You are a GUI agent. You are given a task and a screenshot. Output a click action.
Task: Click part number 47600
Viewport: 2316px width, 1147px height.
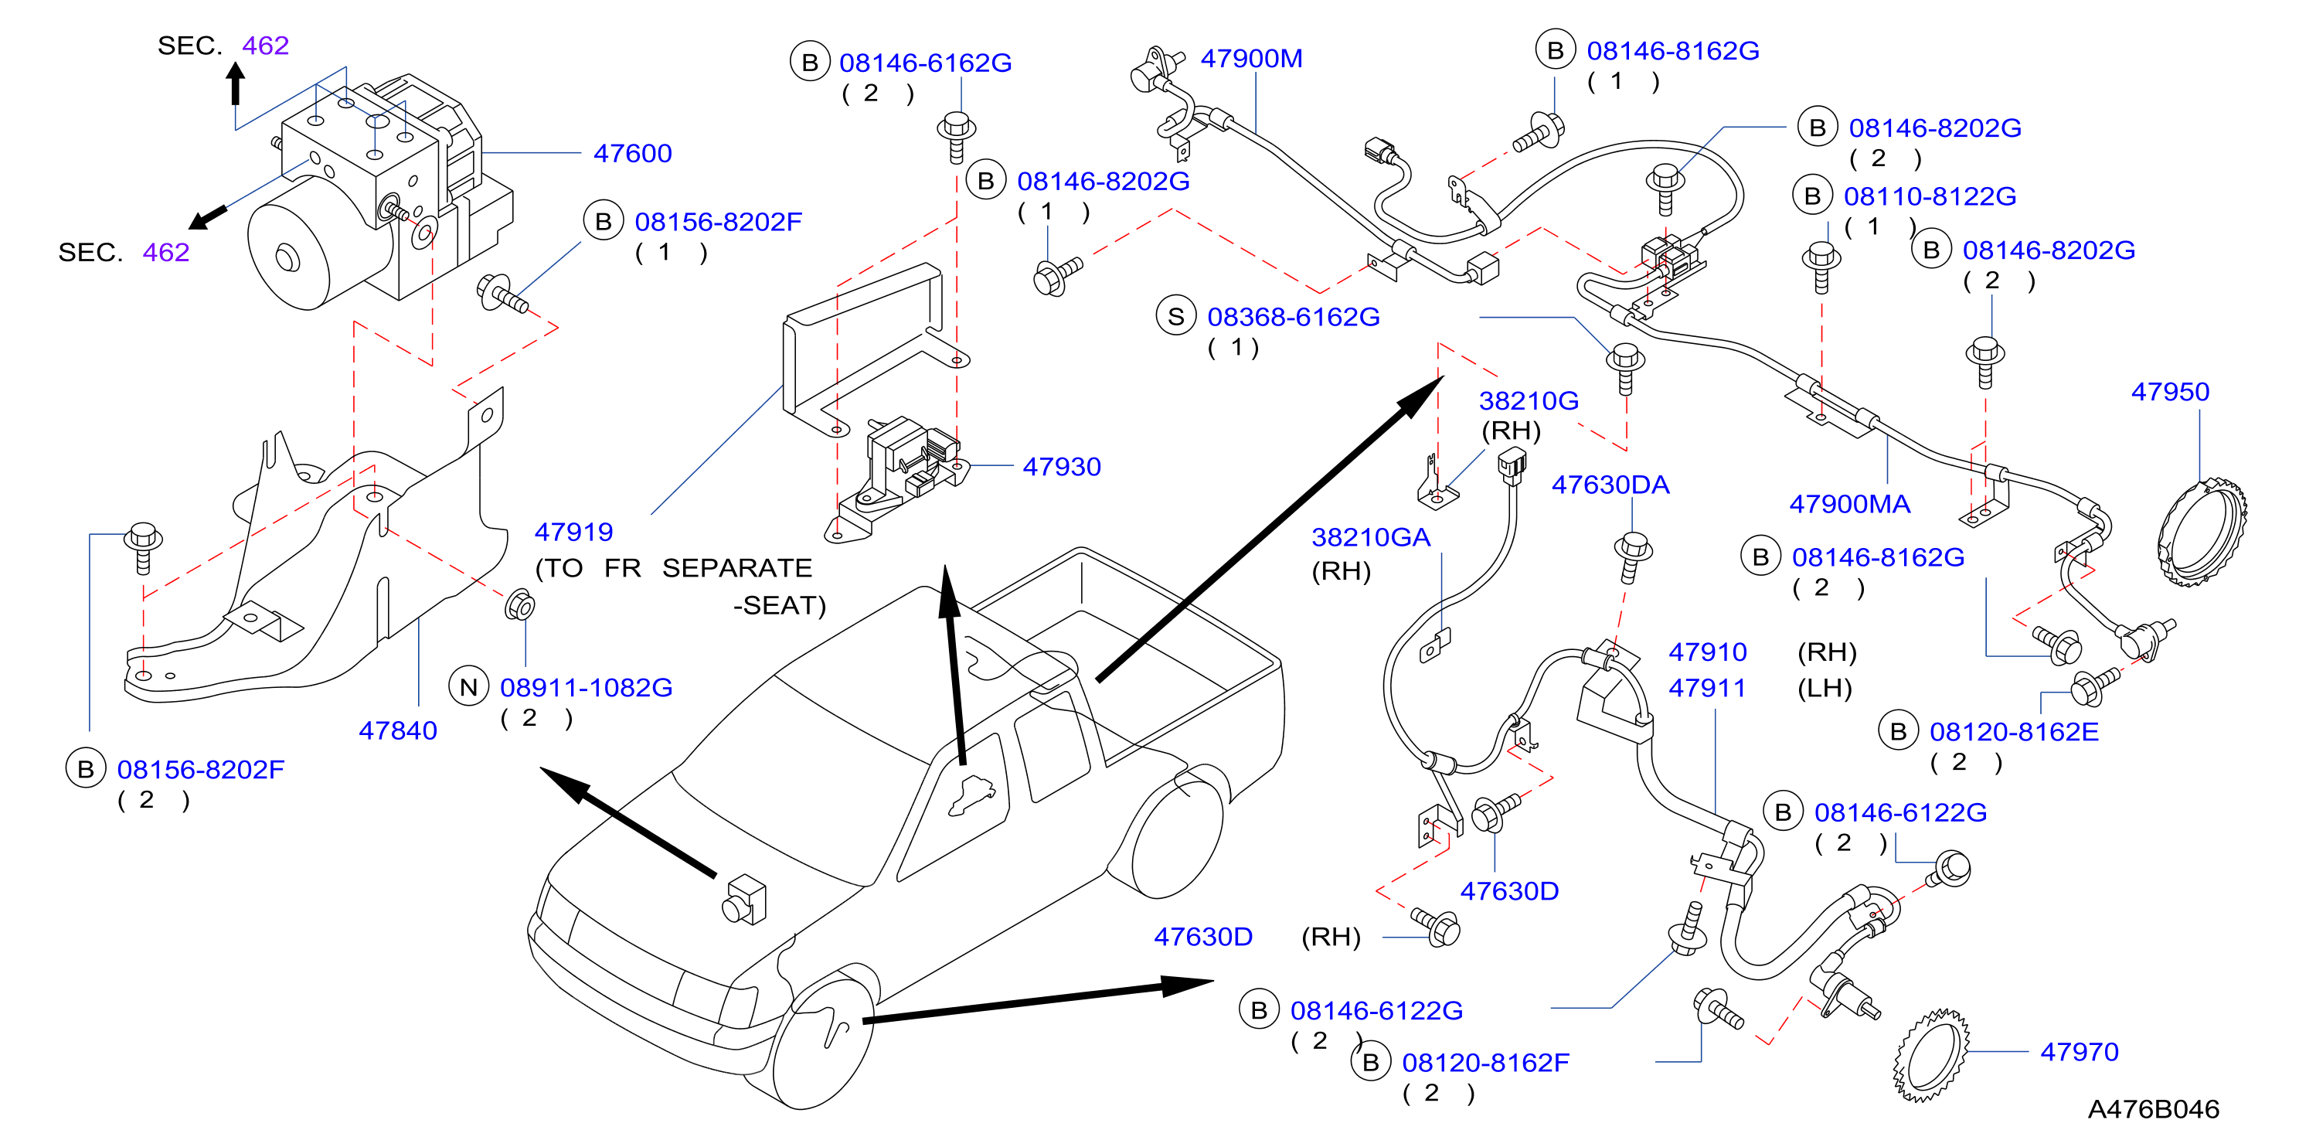[632, 154]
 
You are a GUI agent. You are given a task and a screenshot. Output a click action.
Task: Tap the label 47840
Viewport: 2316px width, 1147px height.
[397, 731]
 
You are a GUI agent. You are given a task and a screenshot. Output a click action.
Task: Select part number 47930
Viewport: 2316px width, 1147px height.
[1061, 467]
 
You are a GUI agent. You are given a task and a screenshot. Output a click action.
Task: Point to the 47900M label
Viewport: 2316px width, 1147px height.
[1251, 59]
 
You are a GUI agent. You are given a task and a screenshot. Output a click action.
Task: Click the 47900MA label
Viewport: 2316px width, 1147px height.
[1849, 504]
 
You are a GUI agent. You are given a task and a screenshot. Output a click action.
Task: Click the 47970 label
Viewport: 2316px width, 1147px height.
[2079, 1052]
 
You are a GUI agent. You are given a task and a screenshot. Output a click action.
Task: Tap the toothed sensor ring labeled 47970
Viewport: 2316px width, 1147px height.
[1930, 1055]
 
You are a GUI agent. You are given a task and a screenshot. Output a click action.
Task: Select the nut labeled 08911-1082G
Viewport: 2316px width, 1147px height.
[519, 605]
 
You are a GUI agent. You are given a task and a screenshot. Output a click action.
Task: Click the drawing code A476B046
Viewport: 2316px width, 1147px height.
[2153, 1109]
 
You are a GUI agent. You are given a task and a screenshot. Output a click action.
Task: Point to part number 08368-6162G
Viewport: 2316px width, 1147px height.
[1293, 318]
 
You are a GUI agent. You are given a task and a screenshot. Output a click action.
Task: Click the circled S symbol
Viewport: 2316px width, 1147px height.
[1176, 316]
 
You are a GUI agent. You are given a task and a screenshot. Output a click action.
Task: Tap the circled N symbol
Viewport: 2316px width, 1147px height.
[468, 688]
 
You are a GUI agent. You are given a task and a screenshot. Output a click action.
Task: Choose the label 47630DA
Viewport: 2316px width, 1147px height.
[1610, 485]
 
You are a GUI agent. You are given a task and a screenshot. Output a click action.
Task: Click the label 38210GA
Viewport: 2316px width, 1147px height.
[1370, 537]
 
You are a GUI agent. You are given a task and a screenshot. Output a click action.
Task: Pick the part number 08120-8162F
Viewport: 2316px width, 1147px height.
[1485, 1064]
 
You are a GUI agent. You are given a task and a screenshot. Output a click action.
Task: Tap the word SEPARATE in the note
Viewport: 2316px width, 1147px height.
[737, 568]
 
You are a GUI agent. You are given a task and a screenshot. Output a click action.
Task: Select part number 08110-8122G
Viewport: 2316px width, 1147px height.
[1930, 197]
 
